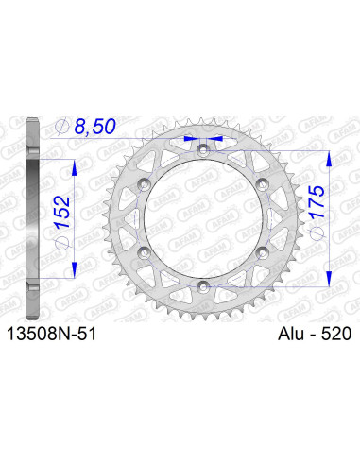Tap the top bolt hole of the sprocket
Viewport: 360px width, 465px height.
(x=200, y=146)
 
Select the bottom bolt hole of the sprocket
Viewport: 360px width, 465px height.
(x=200, y=282)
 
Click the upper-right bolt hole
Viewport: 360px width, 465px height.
(x=259, y=181)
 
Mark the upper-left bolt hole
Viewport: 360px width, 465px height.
(x=142, y=181)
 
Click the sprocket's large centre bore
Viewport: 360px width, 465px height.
(x=200, y=215)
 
